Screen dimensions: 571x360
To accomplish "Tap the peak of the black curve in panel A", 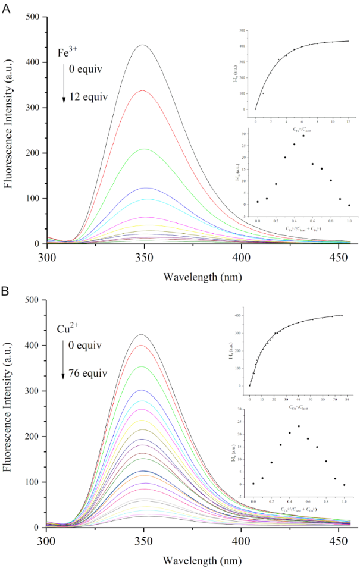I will pyautogui.click(x=143, y=45).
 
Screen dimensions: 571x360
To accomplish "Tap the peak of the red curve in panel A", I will pyautogui.click(x=143, y=90).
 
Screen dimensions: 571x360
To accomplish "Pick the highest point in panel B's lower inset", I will pyautogui.click(x=299, y=426).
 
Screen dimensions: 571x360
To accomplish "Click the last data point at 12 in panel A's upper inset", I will pyautogui.click(x=348, y=41).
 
